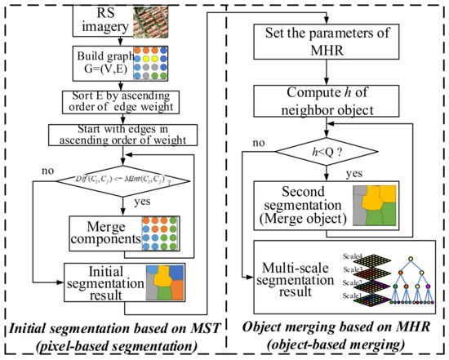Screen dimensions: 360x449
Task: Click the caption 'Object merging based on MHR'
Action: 336,330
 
